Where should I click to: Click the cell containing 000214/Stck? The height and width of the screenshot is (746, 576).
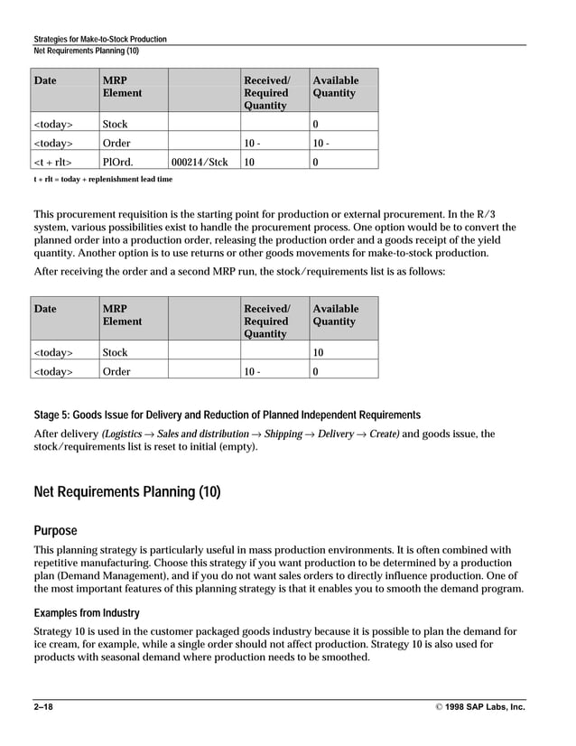199,162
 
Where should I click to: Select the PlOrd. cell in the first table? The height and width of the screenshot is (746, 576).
116,162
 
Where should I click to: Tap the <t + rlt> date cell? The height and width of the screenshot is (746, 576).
53,162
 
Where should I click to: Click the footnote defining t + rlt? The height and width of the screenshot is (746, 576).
103,179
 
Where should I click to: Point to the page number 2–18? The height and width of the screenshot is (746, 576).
42,707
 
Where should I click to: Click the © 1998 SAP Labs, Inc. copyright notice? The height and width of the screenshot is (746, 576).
474,707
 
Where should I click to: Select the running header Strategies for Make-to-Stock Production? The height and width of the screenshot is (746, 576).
99,40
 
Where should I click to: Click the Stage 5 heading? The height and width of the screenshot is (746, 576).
227,415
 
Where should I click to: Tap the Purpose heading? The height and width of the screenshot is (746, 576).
55,530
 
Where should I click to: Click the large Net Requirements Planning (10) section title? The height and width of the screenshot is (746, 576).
126,492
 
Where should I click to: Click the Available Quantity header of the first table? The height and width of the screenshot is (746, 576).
335,87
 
